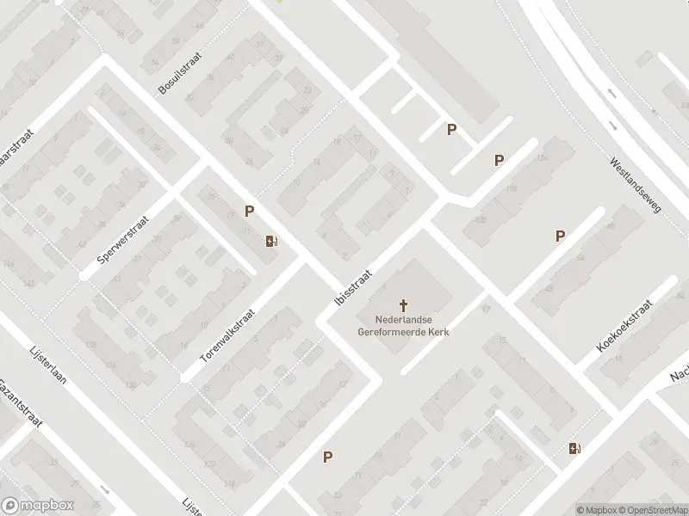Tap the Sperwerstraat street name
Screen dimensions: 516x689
(123, 238)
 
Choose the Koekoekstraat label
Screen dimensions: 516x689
(624, 327)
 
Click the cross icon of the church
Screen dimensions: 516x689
(403, 304)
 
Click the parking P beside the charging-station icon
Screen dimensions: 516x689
(250, 211)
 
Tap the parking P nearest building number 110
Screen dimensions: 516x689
(499, 160)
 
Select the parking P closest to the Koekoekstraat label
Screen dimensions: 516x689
(560, 236)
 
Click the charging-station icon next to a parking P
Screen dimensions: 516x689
(271, 241)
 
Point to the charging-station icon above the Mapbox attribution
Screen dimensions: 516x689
(574, 447)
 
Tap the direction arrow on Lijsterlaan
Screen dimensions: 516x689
(106, 490)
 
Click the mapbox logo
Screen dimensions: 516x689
(37, 506)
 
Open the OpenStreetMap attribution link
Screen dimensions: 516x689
(650, 510)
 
